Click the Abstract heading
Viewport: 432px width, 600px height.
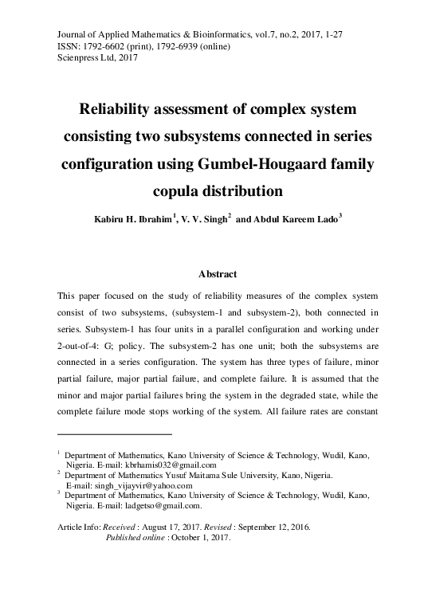tap(217, 275)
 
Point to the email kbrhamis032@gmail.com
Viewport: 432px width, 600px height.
tap(167, 465)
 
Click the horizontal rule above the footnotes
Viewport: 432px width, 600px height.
tap(115, 434)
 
